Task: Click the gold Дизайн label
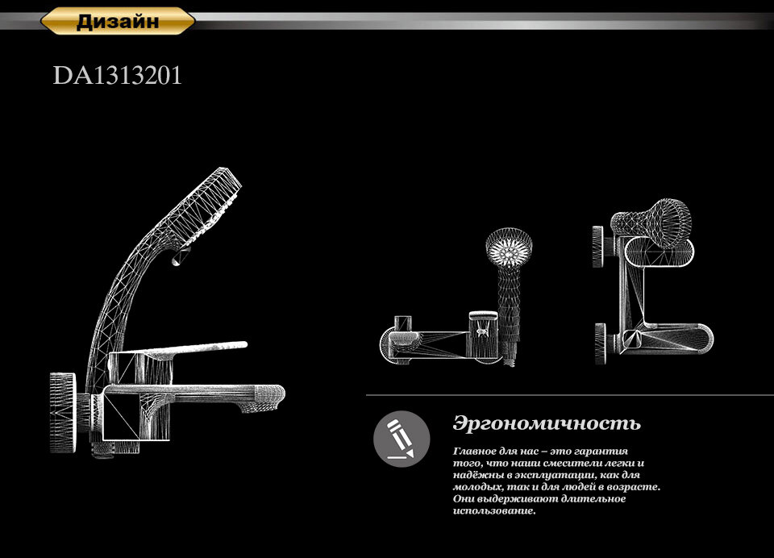[118, 21]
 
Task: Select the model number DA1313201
[118, 76]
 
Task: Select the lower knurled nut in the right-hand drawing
[600, 343]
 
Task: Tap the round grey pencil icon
[401, 439]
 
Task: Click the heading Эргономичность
[547, 423]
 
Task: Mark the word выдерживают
[517, 499]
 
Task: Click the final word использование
[494, 511]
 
